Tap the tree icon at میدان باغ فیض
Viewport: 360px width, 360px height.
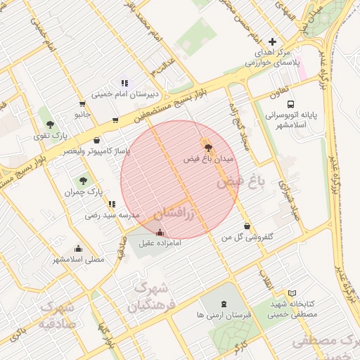tap(208, 146)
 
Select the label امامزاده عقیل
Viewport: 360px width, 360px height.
tap(160, 243)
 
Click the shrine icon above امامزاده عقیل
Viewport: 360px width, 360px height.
tap(160, 232)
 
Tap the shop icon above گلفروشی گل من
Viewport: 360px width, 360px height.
tap(247, 226)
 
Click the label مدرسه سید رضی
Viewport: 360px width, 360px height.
tap(112, 215)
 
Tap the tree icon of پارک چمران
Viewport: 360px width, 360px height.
tap(84, 181)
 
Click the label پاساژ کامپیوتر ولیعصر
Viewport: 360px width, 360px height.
tap(97, 151)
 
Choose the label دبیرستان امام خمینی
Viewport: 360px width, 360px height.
tap(124, 94)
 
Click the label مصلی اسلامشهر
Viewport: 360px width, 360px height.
tap(78, 259)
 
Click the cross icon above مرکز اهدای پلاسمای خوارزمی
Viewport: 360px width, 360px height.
tap(273, 41)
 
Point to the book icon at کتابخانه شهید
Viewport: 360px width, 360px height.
tap(292, 292)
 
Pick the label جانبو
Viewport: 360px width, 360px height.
tap(83, 114)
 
